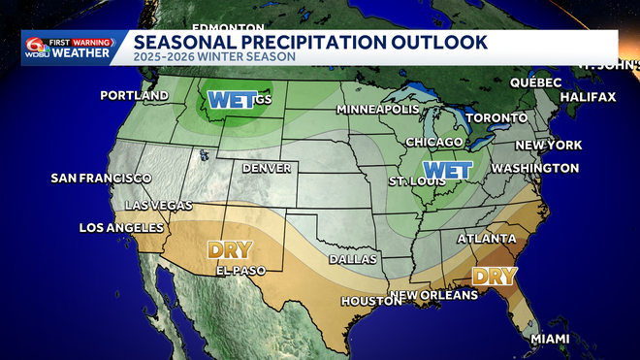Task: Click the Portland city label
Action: (134, 96)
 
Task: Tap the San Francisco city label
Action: (101, 179)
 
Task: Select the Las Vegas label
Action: (159, 205)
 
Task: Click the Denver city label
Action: (267, 168)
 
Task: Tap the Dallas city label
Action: (346, 260)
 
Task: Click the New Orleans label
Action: (434, 294)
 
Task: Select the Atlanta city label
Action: (487, 238)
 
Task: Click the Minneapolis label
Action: (377, 110)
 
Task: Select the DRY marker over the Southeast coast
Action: (494, 276)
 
